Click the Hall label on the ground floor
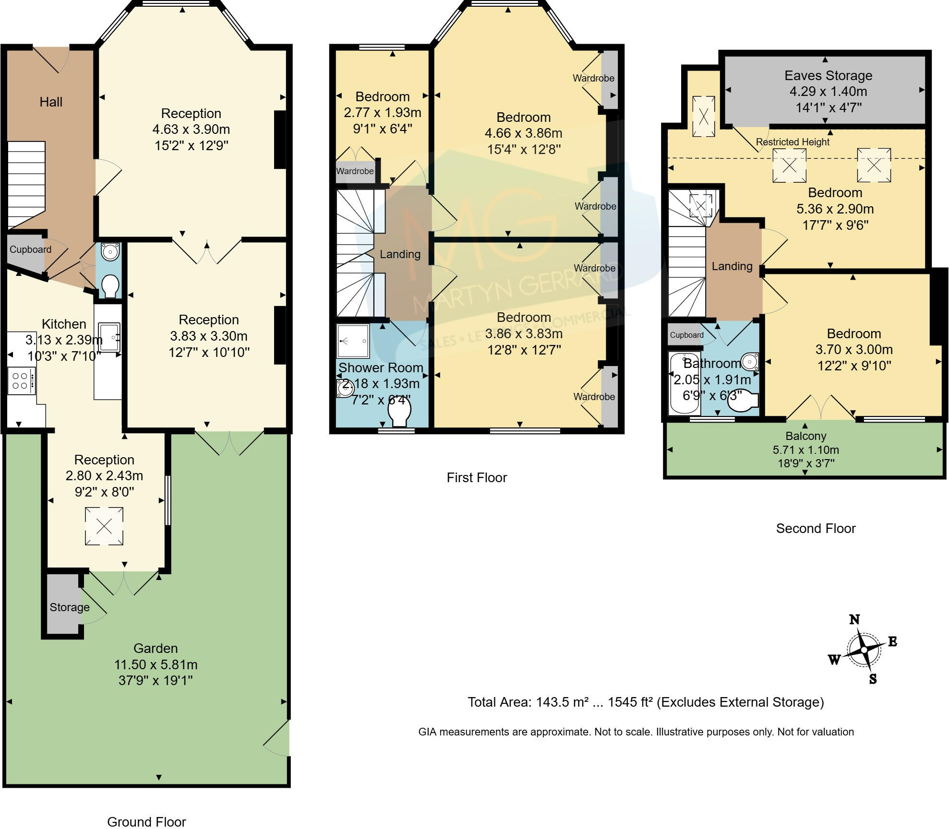(51, 102)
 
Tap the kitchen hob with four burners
(22, 381)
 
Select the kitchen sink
(109, 338)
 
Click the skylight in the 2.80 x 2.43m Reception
(104, 526)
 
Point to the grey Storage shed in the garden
(62, 604)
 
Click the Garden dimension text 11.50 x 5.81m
(156, 664)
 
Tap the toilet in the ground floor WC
(110, 286)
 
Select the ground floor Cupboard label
(30, 249)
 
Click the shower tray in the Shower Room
(353, 341)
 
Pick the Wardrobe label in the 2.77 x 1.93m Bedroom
(355, 171)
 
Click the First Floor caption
(477, 477)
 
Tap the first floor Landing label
(400, 254)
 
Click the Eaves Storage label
(828, 75)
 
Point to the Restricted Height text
(793, 142)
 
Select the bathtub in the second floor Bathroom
(684, 383)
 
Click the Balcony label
(805, 436)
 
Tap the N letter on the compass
(854, 619)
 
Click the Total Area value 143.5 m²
(562, 702)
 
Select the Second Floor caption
(816, 528)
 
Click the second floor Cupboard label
(686, 335)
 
